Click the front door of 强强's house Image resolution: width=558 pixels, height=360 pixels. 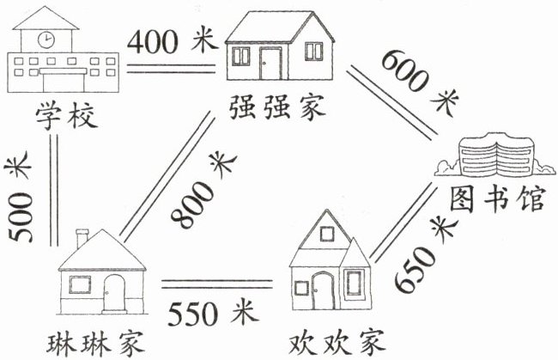point(271,63)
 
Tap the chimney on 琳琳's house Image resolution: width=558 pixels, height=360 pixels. point(82,238)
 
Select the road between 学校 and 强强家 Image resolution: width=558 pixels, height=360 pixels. point(171,67)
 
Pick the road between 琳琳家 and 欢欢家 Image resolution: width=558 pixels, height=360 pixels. point(219,283)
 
